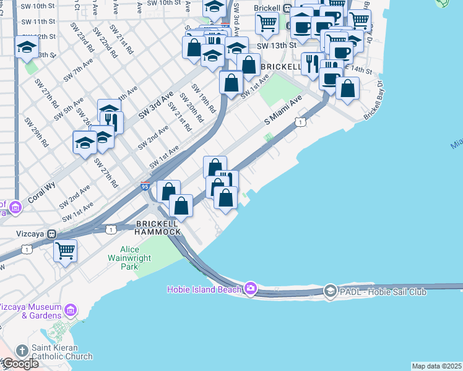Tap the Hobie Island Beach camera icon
point(250,288)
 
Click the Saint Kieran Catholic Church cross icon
point(22,351)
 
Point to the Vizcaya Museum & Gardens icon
point(71,309)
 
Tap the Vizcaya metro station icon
point(53,234)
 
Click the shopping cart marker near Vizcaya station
point(64,251)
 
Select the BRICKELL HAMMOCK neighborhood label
point(158,227)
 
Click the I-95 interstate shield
point(145,185)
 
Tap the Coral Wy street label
point(40,192)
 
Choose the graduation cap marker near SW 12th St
point(27,47)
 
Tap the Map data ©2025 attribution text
point(436,366)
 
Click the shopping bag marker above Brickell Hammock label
point(181,205)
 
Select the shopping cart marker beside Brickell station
point(267,22)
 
